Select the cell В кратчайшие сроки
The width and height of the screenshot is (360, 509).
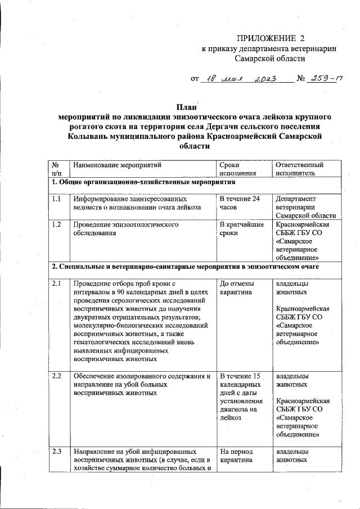click(x=242, y=228)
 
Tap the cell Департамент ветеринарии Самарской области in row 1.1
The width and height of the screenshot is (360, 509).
click(x=305, y=207)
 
